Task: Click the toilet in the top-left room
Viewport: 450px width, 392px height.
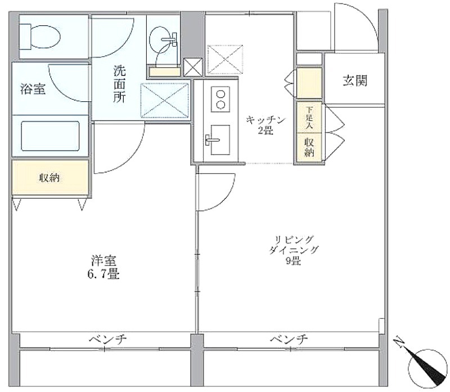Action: [39, 37]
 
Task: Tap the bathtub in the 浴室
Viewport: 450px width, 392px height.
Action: [50, 136]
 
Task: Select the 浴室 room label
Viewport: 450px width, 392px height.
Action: [33, 89]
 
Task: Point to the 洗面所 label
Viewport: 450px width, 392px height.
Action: [119, 84]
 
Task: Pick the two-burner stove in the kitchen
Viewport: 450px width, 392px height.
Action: [220, 99]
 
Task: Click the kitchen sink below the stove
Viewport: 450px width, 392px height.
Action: [220, 139]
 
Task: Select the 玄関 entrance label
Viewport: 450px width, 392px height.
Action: [355, 81]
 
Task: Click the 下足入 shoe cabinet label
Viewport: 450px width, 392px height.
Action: [309, 117]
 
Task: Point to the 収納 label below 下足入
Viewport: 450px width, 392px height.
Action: [309, 147]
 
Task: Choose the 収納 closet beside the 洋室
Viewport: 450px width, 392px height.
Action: [50, 178]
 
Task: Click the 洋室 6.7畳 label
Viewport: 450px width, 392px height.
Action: [103, 268]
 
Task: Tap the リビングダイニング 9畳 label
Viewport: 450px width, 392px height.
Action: [294, 250]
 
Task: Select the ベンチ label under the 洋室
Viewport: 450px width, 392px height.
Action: [107, 340]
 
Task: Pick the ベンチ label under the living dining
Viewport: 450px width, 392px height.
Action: [289, 340]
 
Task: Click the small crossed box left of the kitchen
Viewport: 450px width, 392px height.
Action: [193, 67]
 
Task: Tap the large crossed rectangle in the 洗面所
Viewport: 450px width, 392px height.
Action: [165, 100]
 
